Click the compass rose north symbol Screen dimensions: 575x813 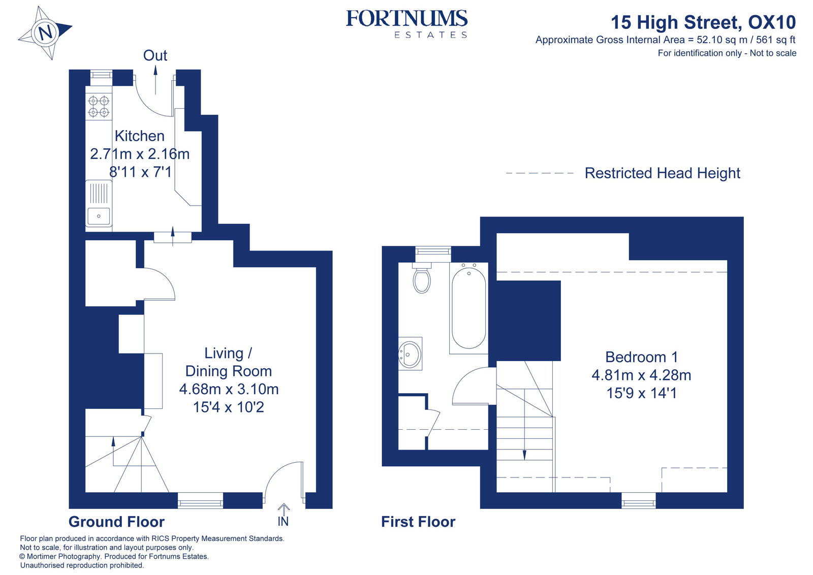pos(45,33)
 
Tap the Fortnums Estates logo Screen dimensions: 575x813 pos(407,23)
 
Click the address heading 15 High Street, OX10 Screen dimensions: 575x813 pos(703,22)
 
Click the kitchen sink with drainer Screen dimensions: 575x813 pos(99,203)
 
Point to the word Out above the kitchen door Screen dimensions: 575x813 pos(155,55)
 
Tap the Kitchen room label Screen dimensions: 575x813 pos(139,136)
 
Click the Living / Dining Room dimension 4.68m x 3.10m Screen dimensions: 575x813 pos(229,389)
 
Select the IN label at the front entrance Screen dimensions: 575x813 pos(283,522)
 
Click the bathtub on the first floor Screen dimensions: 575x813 pos(468,308)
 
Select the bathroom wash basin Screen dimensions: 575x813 pos(410,353)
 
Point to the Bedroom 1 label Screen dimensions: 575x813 pos(641,357)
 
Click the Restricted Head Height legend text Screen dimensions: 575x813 pos(662,173)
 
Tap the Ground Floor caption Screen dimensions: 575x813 pos(116,522)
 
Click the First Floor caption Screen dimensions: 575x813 pos(418,522)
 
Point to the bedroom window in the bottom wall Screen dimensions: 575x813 pos(638,501)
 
